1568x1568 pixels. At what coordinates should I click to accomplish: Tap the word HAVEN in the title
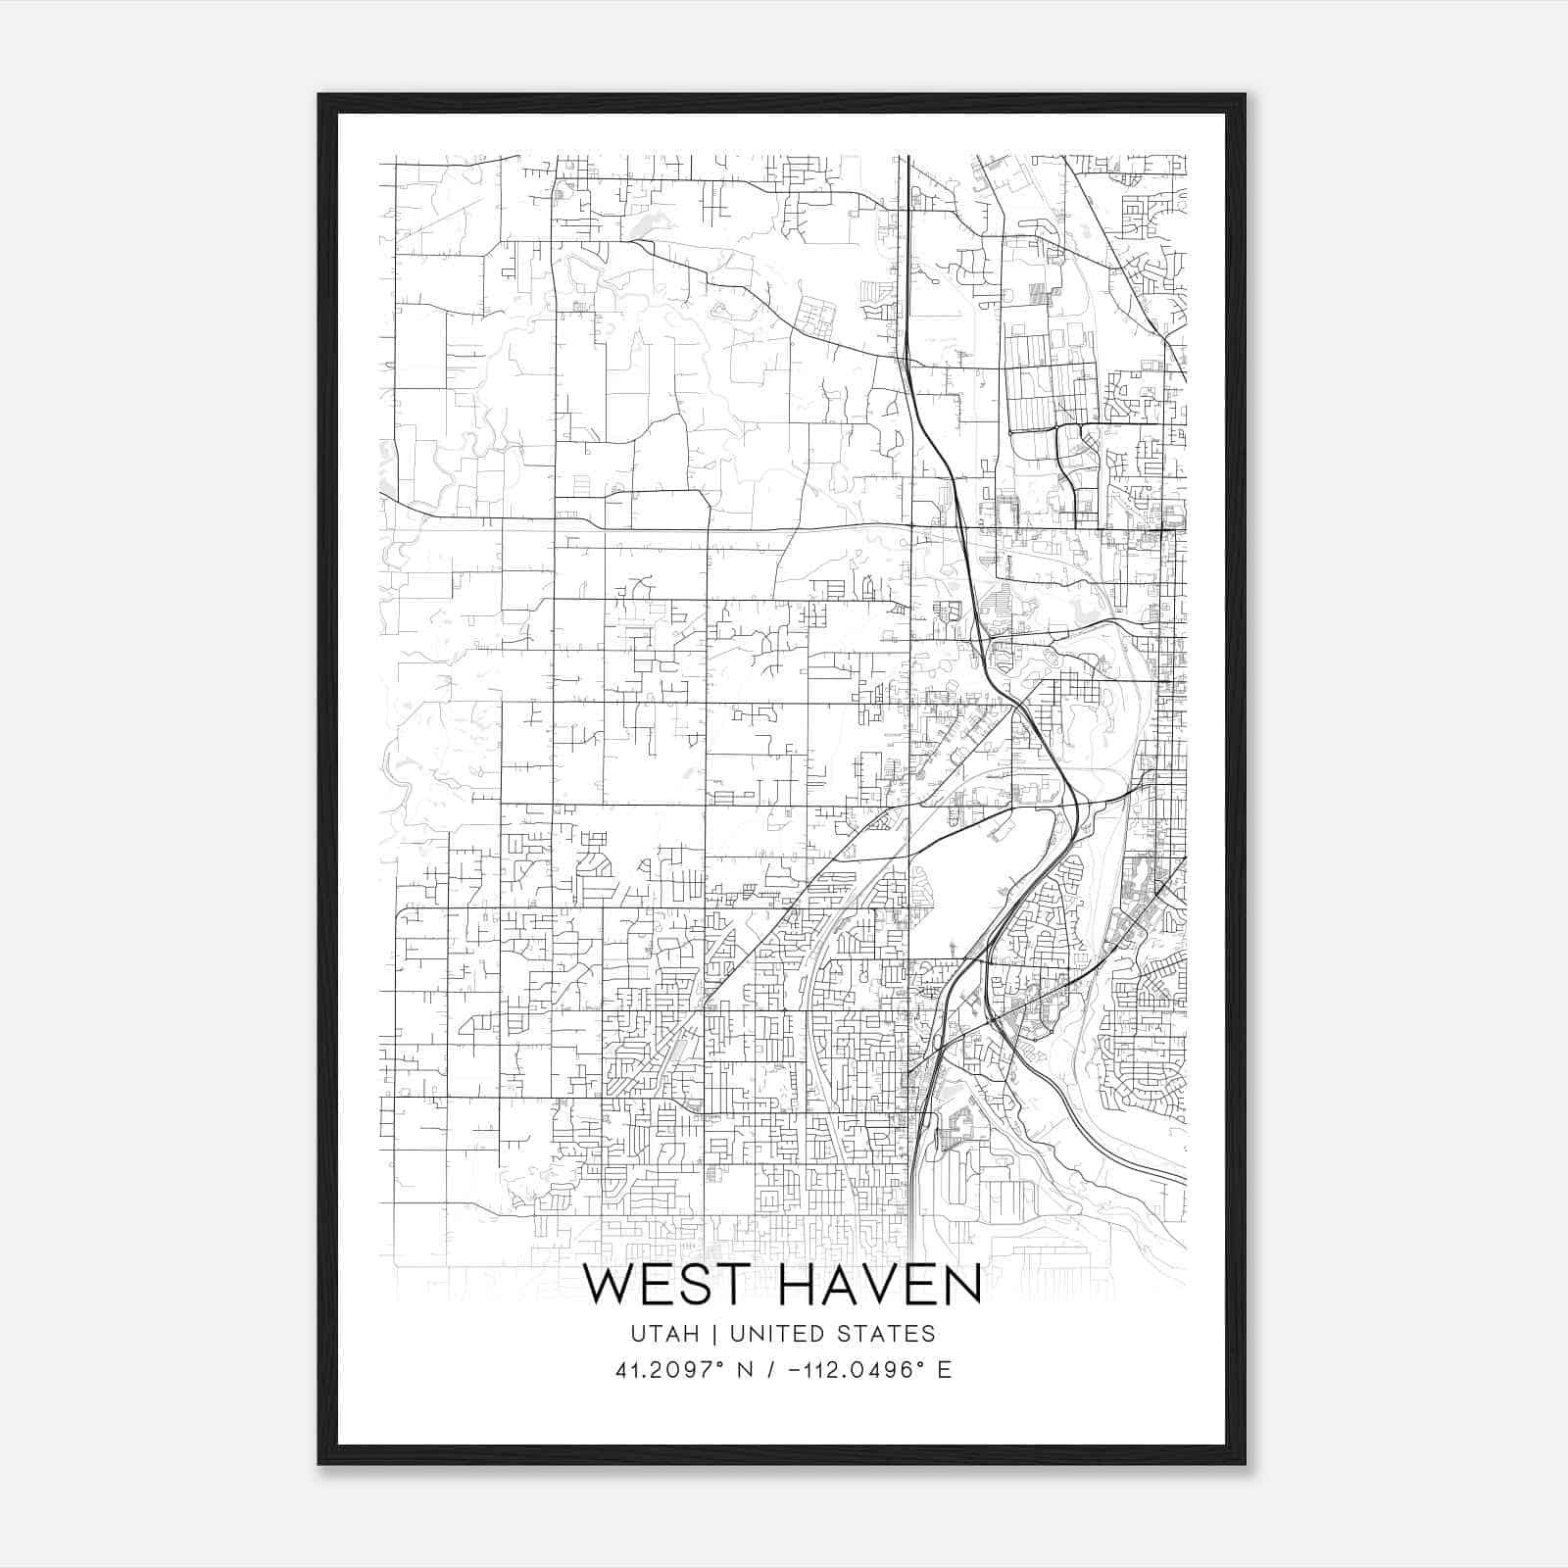click(879, 1286)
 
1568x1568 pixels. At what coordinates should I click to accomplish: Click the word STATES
click(887, 1334)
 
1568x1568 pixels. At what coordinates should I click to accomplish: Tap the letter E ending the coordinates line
click(945, 1370)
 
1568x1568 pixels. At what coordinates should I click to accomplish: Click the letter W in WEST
click(610, 1286)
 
